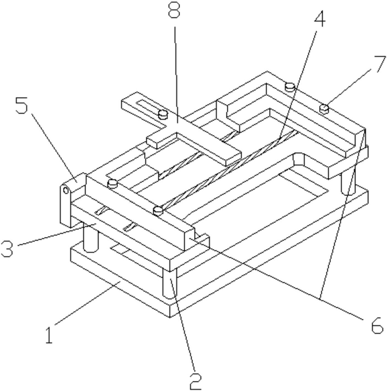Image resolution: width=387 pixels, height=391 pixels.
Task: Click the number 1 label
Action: (x=51, y=334)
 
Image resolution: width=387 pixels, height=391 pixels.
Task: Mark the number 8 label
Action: (x=175, y=13)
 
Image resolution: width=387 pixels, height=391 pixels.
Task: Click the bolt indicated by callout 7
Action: (x=325, y=108)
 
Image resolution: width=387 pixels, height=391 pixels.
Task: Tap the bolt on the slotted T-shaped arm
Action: (x=163, y=115)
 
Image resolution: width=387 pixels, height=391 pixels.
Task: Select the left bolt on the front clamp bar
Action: (x=113, y=183)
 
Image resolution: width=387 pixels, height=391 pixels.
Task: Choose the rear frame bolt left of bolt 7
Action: (x=289, y=87)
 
